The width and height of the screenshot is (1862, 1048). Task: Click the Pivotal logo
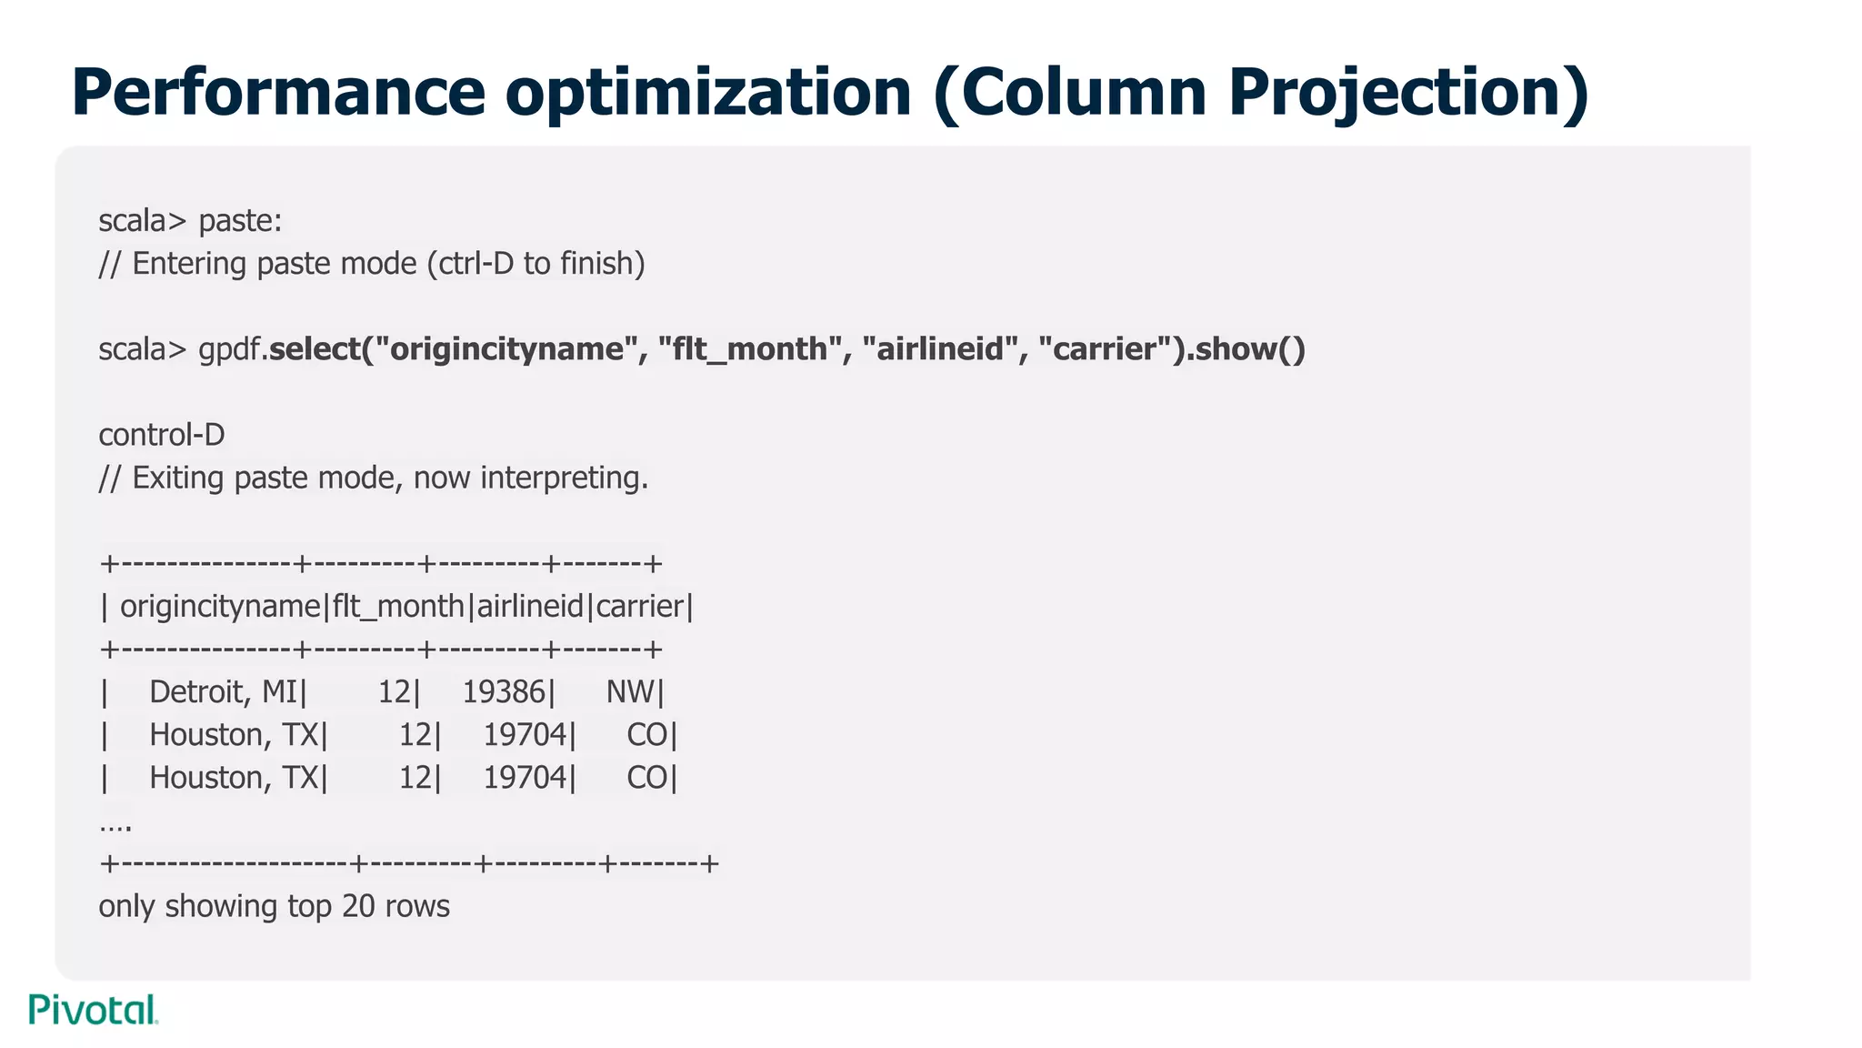click(x=94, y=1010)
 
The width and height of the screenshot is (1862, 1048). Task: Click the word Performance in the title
click(x=278, y=92)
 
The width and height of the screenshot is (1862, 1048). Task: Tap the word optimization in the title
click(x=708, y=92)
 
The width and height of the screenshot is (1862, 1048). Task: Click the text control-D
click(x=162, y=435)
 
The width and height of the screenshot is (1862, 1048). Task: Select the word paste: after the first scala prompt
click(x=240, y=221)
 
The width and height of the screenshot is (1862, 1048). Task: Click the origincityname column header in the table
click(x=221, y=607)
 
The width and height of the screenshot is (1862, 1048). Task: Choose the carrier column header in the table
click(x=639, y=607)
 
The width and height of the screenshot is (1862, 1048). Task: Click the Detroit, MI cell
click(x=224, y=692)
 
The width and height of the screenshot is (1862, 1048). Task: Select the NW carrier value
click(x=629, y=692)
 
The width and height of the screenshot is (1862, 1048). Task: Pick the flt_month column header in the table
click(x=398, y=607)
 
